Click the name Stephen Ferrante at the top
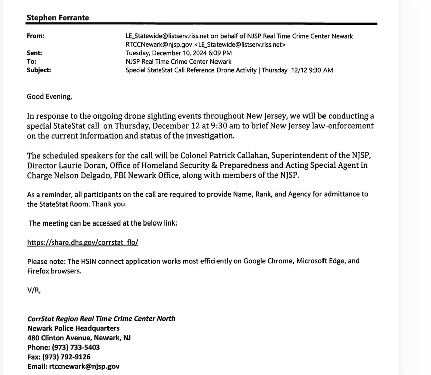point(57,18)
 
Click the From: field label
point(35,36)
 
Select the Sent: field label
point(34,53)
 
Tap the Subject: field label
point(39,70)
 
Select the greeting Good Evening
point(49,97)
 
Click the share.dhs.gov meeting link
point(82,242)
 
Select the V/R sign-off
point(34,289)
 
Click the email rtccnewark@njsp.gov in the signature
point(84,366)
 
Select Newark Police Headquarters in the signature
point(73,328)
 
